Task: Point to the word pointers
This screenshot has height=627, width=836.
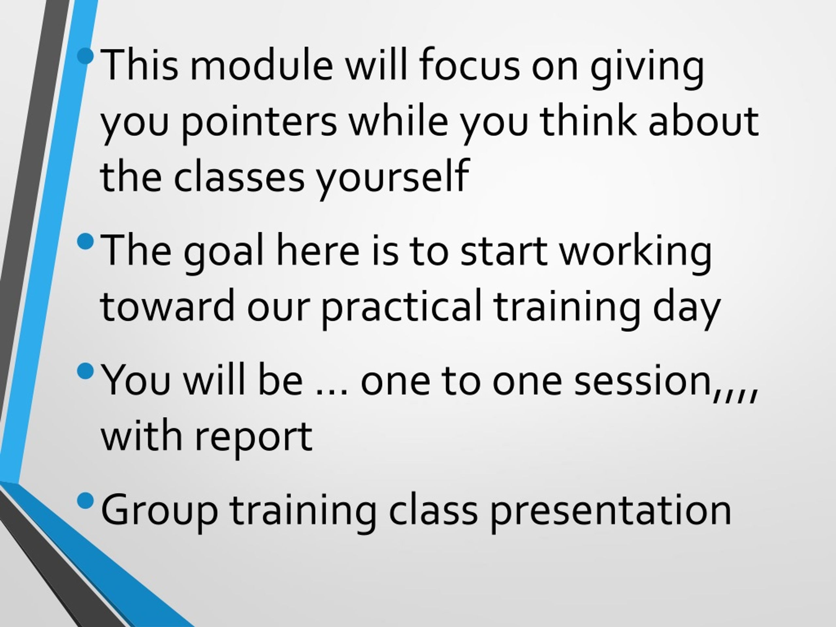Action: pos(259,123)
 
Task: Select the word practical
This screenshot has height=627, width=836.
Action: pos(402,308)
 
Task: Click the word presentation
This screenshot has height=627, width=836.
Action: pos(611,511)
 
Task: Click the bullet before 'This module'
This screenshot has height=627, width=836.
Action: pos(86,56)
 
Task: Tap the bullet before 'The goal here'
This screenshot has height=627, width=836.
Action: pos(86,241)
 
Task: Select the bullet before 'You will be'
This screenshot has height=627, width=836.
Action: pos(86,371)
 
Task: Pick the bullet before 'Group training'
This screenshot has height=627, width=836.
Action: pos(86,501)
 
